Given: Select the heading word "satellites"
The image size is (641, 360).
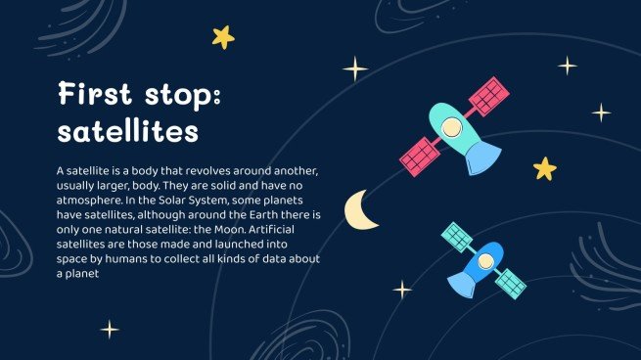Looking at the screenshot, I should tap(128, 129).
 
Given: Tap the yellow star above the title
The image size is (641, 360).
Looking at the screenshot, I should tap(224, 37).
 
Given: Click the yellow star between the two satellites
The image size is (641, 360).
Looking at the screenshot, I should tap(544, 169).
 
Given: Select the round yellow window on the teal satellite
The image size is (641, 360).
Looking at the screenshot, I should tap(449, 126).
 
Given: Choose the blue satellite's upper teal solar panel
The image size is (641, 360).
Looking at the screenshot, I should tap(457, 236).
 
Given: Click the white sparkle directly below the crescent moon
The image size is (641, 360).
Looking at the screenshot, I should tap(402, 290).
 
